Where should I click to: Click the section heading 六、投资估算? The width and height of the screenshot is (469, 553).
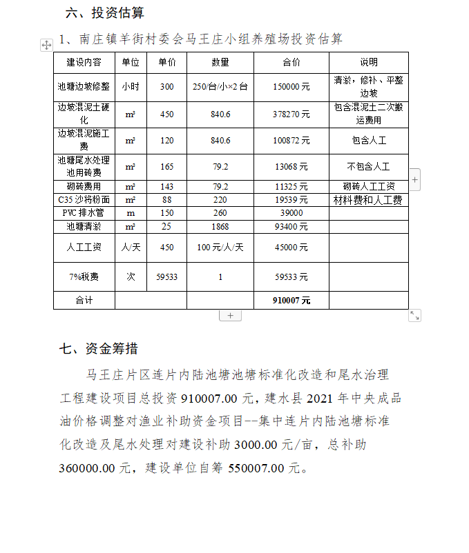coord(105,13)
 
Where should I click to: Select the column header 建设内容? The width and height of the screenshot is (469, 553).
coord(84,63)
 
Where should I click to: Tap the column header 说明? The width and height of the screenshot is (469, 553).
coord(368,63)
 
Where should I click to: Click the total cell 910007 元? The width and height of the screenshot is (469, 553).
coord(291,301)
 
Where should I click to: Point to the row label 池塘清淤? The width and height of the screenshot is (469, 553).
coord(84,226)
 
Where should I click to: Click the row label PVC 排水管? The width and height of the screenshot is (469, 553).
coord(84,213)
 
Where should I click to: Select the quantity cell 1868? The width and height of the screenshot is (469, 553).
coord(220,226)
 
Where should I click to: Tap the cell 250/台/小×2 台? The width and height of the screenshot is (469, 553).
coord(220,87)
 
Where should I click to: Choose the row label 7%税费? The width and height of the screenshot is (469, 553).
coord(84,276)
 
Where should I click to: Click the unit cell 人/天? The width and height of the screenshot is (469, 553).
coord(130,247)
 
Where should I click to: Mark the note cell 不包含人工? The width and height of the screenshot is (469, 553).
coord(368,167)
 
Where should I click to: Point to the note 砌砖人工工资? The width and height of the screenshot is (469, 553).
coord(368,187)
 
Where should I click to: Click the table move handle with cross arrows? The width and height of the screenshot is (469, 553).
coord(46,45)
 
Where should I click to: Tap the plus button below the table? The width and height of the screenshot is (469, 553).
coord(230,315)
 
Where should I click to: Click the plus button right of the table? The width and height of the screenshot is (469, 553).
coord(414,179)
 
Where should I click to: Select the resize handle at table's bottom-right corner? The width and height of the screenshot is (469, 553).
coord(414,315)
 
